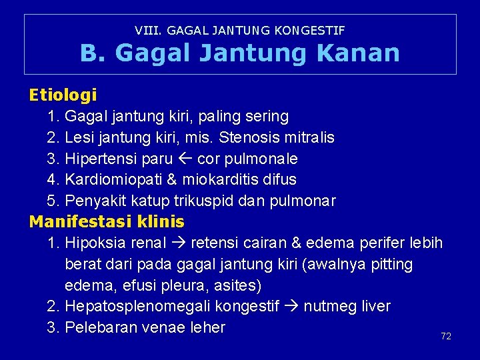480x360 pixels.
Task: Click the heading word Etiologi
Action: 63,95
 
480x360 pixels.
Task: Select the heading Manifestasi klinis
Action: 107,221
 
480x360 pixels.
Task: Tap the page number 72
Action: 446,336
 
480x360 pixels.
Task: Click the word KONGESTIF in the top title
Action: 313,30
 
